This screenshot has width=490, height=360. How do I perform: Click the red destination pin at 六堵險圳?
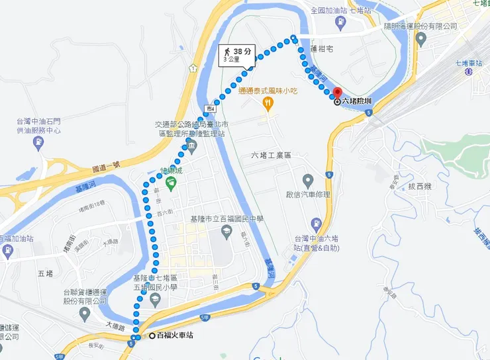336,94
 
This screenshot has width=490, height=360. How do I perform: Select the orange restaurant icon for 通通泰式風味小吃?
268,103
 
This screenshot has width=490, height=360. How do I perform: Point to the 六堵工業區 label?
271,155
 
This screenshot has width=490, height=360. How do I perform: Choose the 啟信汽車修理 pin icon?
308,179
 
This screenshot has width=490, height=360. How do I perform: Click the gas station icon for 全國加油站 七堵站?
340,22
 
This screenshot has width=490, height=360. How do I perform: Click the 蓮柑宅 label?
322,49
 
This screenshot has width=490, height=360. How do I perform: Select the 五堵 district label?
45,273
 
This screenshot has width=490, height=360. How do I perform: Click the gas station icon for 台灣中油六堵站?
317,223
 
